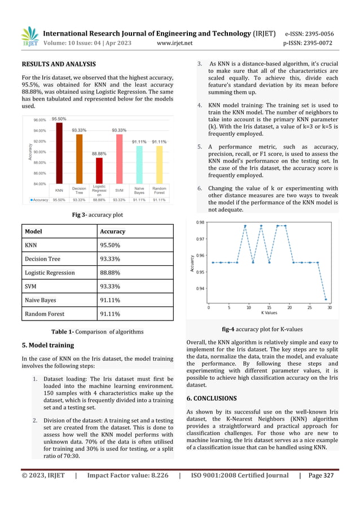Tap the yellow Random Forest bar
(x=159, y=164)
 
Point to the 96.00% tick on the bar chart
(x=39, y=120)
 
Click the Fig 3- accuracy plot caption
(x=97, y=214)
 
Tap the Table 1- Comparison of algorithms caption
(x=97, y=331)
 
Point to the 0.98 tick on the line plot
(x=200, y=222)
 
